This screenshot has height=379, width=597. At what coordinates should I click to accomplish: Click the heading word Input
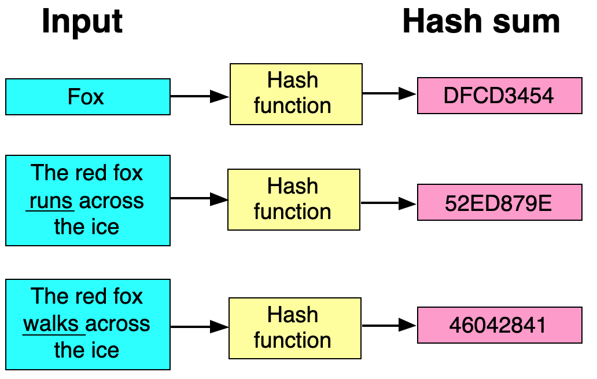point(82,22)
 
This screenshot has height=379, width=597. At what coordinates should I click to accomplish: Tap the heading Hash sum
point(481,21)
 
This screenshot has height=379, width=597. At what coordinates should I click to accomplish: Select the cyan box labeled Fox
point(88,97)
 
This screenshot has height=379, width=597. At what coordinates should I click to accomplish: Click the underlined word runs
point(51,201)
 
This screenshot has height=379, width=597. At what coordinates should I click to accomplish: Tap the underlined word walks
point(51,325)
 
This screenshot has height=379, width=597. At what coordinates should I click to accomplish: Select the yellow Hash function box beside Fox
point(296,94)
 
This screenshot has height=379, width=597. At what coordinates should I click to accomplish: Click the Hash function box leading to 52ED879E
point(294,200)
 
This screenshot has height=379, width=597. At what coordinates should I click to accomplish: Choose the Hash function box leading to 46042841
point(295,328)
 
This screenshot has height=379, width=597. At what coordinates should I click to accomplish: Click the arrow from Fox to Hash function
point(200,96)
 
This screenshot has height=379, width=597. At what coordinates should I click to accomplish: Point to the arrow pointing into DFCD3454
point(389,93)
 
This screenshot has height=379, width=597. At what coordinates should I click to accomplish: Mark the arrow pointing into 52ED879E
point(388,203)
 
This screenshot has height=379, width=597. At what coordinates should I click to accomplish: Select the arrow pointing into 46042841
point(389,326)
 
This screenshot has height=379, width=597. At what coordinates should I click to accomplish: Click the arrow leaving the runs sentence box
point(199,199)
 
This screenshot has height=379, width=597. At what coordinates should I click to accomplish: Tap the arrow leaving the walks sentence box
point(200,327)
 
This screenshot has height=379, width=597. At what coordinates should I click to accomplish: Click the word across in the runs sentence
point(112,201)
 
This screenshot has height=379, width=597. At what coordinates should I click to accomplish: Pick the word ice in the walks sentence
point(102,350)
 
